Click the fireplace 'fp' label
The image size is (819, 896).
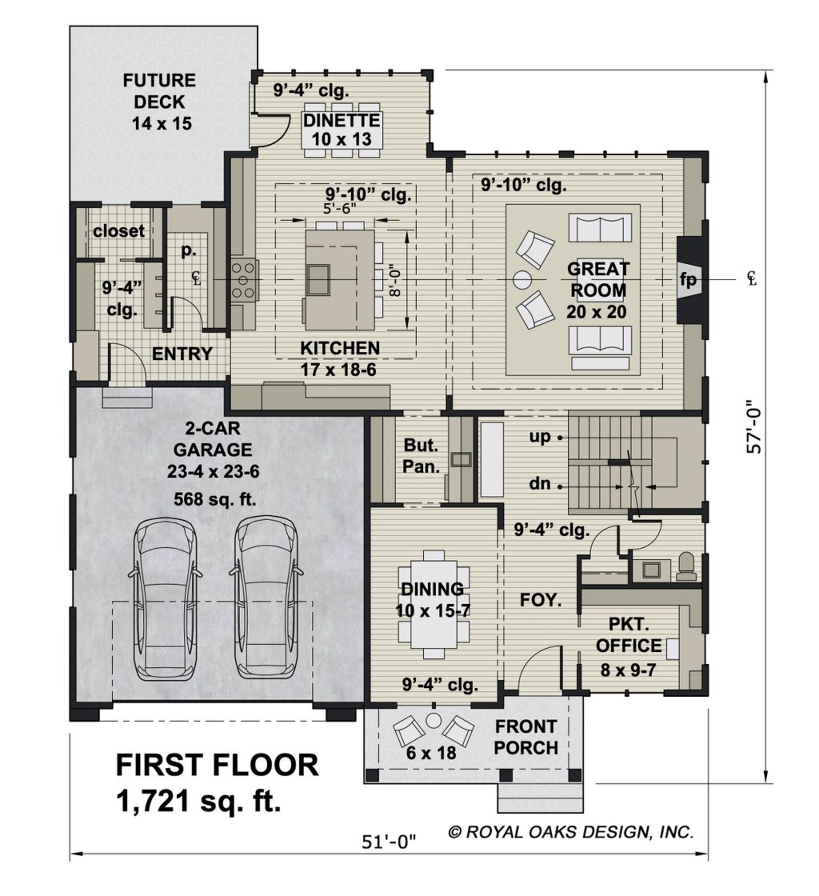click(x=688, y=280)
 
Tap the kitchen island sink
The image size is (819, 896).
click(x=318, y=280)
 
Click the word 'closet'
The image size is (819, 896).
click(x=119, y=231)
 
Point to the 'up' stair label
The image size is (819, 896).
click(x=540, y=437)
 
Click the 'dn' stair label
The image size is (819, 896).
click(x=540, y=483)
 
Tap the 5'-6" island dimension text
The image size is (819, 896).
click(x=339, y=208)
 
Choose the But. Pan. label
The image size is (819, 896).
click(x=421, y=456)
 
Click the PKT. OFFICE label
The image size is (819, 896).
click(x=629, y=635)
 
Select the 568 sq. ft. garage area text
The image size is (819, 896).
click(x=214, y=499)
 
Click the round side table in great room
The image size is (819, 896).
click(x=523, y=280)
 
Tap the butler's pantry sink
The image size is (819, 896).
click(x=461, y=459)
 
